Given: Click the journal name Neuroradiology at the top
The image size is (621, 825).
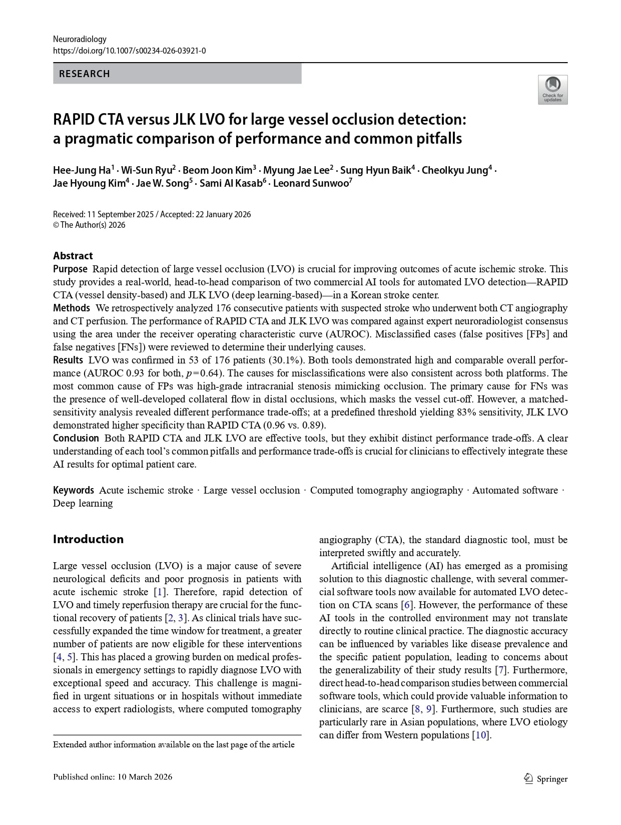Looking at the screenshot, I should pos(80,39).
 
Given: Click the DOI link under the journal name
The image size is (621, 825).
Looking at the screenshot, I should pos(129,51).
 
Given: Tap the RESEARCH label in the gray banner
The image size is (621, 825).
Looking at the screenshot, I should pos(84,74).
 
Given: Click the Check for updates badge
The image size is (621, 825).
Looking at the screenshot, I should pos(552,90).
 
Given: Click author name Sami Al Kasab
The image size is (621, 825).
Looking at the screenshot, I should pos(231,183).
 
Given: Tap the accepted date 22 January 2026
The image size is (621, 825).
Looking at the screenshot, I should pos(222,214).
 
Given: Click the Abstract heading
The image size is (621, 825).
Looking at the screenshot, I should pos(73,255).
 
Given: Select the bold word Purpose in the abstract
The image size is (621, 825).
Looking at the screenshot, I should pos(70,269).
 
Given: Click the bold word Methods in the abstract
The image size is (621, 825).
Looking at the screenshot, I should pos(72,308).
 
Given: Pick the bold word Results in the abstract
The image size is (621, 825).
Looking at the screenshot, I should pos(68,360).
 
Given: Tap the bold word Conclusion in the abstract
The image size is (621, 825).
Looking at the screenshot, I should pos(76,438).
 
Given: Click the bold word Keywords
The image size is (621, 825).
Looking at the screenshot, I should pos(74,490).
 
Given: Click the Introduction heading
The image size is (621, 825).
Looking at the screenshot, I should pos(88,539).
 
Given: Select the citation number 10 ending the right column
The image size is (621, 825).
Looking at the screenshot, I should pos(481,735).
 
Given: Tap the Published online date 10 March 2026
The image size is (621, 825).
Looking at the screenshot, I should pos(145,777).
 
